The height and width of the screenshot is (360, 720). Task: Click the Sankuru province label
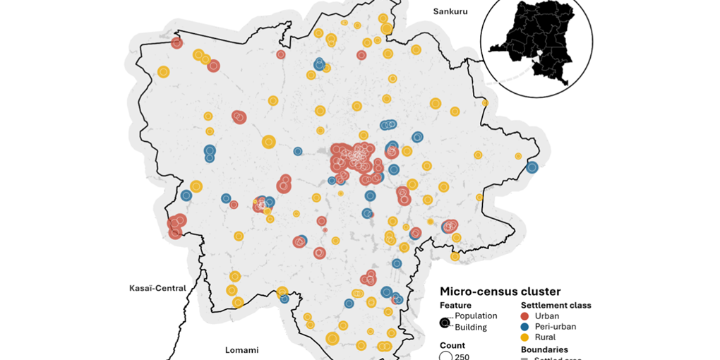click(x=450, y=11)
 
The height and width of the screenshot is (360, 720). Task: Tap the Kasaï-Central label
click(x=157, y=288)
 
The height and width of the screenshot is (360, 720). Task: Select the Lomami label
click(x=241, y=350)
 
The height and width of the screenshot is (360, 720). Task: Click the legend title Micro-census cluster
click(x=500, y=292)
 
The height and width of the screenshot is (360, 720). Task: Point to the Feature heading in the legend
click(x=455, y=306)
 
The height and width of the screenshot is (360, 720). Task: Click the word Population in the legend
click(x=476, y=316)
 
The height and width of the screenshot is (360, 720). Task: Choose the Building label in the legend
click(x=471, y=328)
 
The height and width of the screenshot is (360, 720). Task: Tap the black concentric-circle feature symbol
click(x=445, y=323)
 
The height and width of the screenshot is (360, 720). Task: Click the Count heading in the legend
click(x=452, y=345)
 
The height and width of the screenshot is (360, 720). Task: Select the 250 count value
click(x=462, y=356)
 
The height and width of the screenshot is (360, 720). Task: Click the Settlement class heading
click(x=556, y=306)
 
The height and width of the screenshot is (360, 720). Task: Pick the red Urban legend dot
click(x=524, y=316)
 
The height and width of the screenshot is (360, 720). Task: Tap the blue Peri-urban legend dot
click(x=524, y=327)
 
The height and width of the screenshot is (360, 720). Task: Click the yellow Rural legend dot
click(x=524, y=337)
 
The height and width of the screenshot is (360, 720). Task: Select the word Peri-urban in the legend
click(x=556, y=327)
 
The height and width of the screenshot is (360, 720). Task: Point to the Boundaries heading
click(x=544, y=349)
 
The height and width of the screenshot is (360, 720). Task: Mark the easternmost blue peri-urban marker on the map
click(x=532, y=167)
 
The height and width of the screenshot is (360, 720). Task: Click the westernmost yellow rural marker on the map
click(x=164, y=71)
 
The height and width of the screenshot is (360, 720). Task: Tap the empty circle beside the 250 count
click(x=445, y=356)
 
